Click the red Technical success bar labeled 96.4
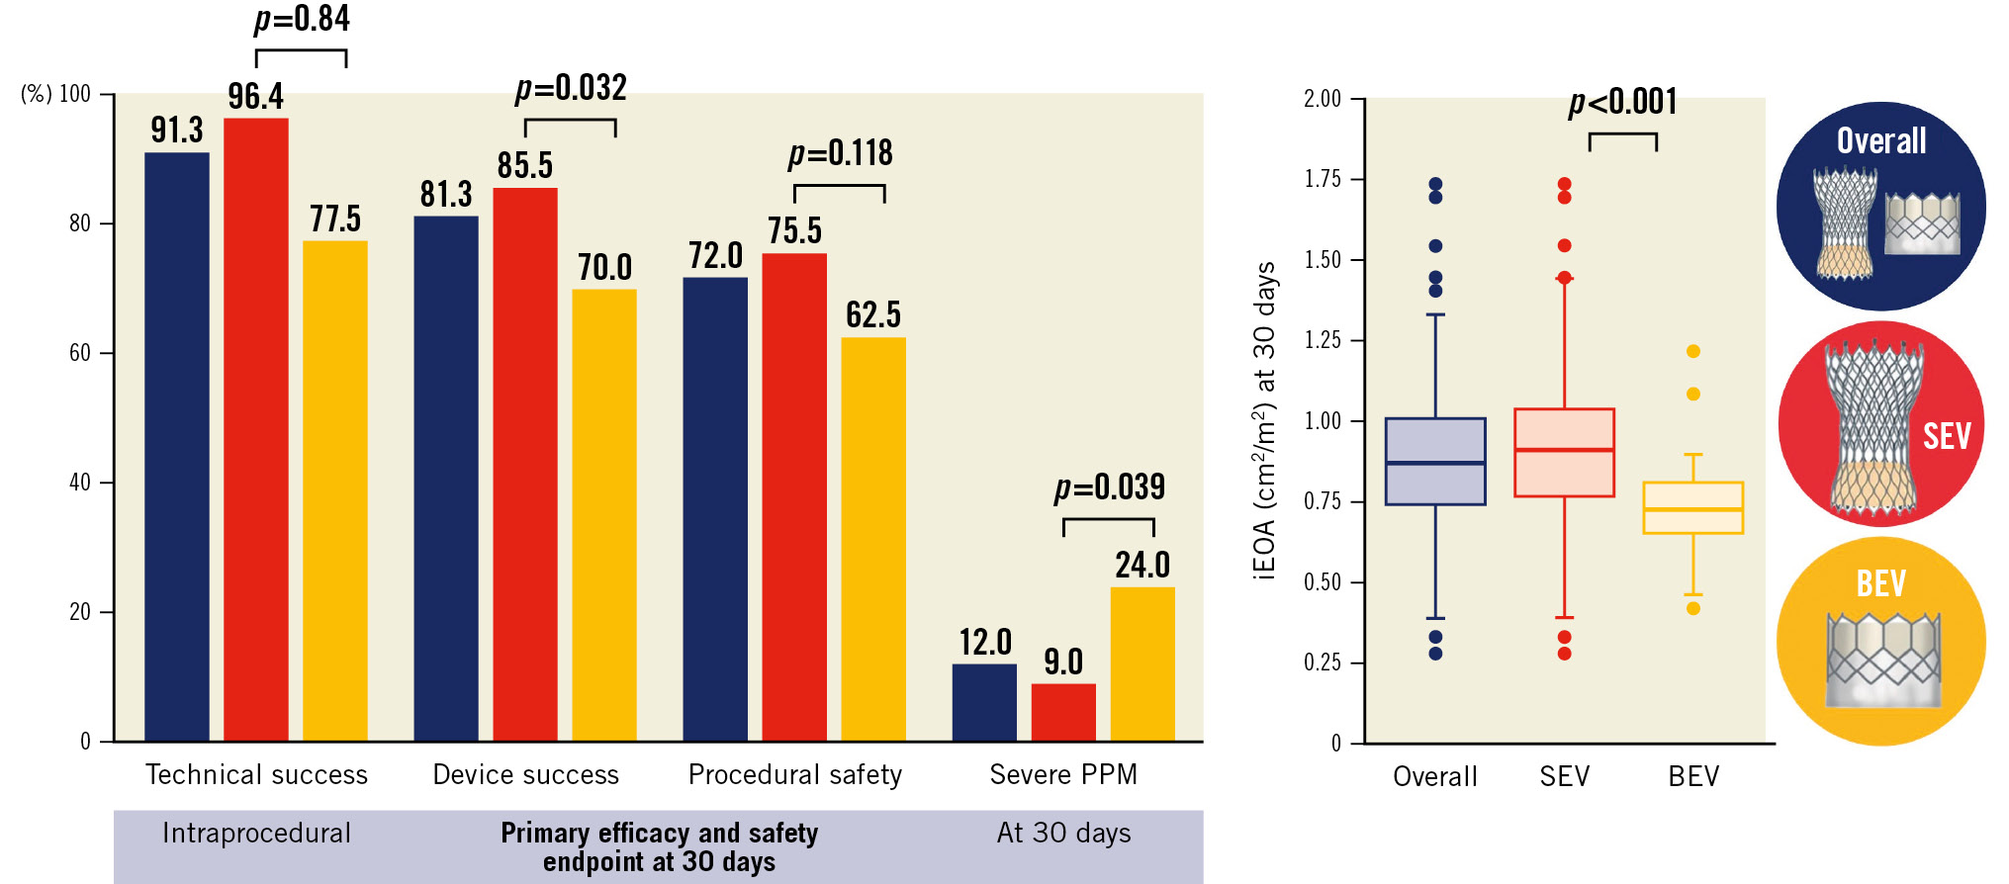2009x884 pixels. tap(255, 429)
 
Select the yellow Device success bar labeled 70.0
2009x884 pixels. tap(603, 514)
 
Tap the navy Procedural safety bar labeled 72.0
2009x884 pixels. tap(714, 508)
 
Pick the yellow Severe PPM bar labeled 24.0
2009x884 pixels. tap(1141, 663)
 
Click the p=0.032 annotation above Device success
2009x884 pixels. tap(571, 89)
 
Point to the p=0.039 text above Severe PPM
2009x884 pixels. tap(1109, 487)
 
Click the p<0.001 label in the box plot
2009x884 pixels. tap(1622, 102)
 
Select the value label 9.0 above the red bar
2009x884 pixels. tap(1063, 662)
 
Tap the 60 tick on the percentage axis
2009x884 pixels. tap(79, 353)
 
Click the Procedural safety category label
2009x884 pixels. tap(794, 774)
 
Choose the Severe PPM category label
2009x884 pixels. tap(1063, 774)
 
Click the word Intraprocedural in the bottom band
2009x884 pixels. tap(256, 833)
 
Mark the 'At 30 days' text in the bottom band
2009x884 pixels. tap(1063, 833)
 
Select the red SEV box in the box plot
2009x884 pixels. tap(1564, 453)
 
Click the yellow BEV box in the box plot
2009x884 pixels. tap(1692, 508)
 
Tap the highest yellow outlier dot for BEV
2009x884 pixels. tap(1692, 351)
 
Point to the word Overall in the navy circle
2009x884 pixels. tap(1880, 141)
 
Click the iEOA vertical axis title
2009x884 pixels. tap(1264, 420)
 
